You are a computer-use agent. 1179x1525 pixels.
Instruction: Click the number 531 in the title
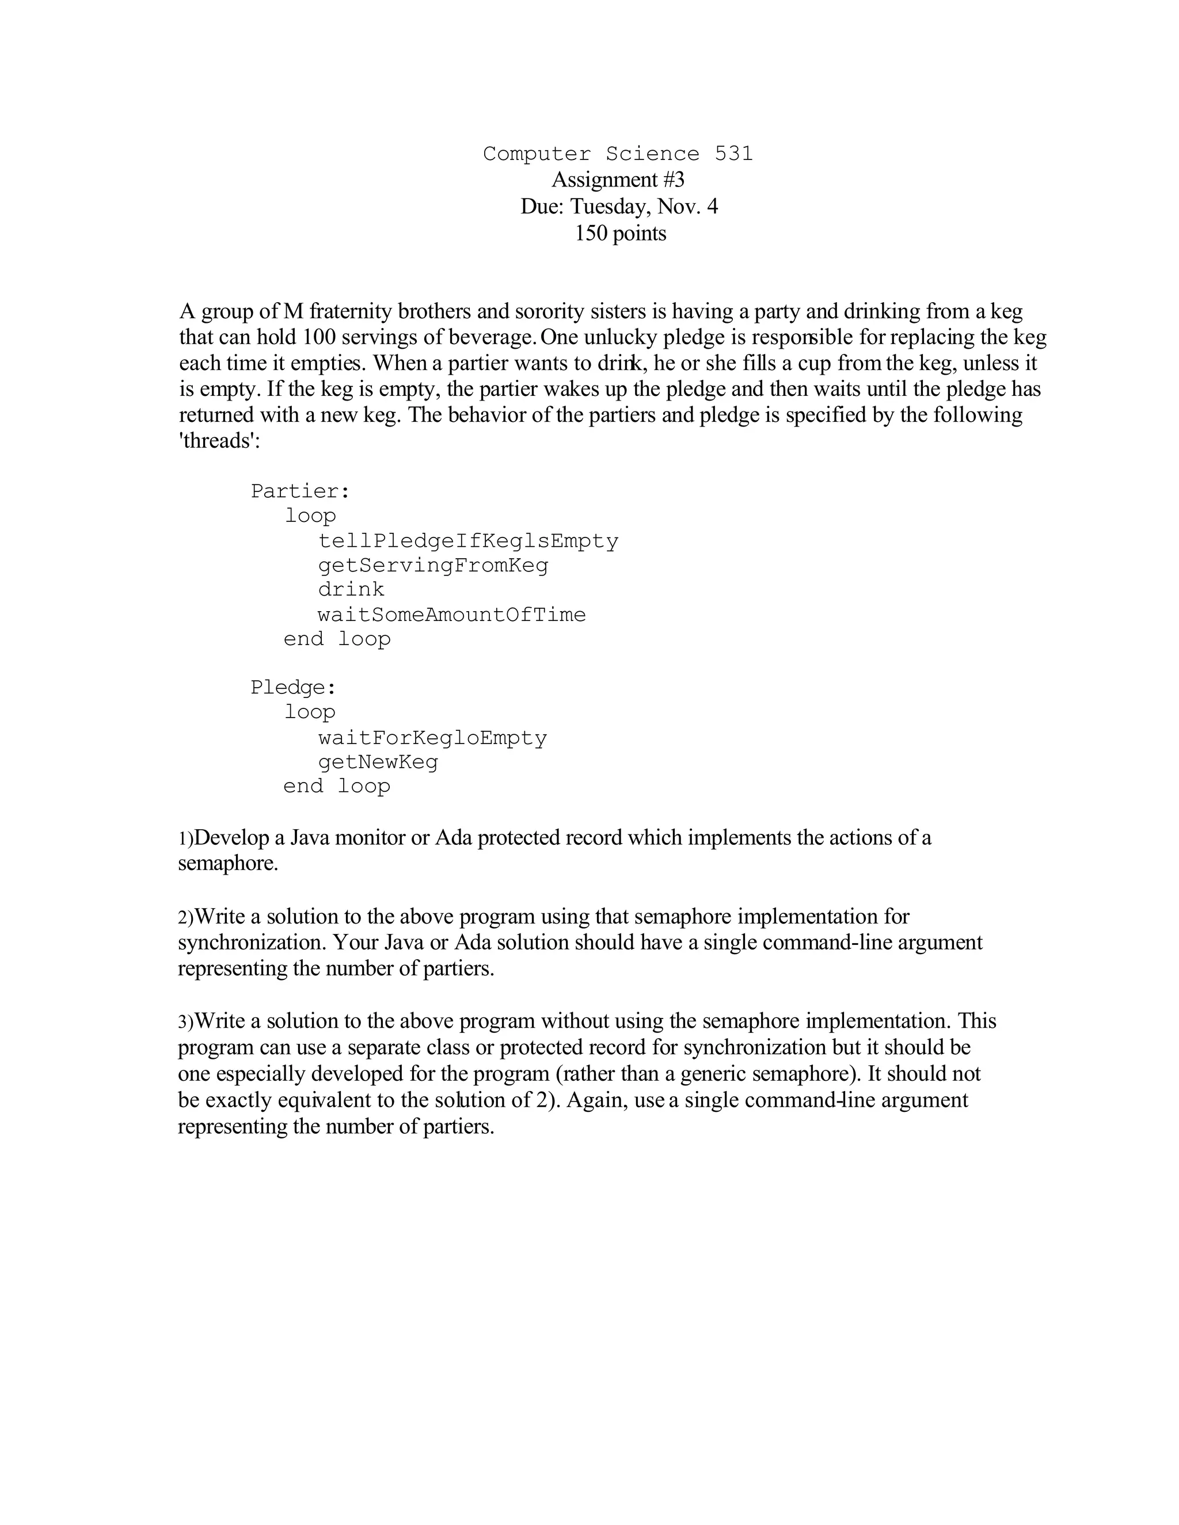(x=733, y=154)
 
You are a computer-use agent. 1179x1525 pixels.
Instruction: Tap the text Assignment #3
(x=618, y=180)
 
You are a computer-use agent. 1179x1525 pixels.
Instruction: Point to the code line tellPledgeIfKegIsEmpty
(x=468, y=541)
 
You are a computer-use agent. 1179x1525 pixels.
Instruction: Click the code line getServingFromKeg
(x=433, y=566)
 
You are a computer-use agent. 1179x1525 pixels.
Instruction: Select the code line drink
(x=351, y=590)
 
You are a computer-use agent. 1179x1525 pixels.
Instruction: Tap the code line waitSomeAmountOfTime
(x=451, y=615)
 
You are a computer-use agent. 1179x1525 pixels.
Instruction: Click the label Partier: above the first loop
(x=299, y=491)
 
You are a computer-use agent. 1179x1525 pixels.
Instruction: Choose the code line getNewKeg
(x=378, y=762)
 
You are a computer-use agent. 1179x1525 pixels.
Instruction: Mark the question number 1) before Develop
(x=185, y=838)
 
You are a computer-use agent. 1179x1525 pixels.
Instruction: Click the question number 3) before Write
(x=185, y=1022)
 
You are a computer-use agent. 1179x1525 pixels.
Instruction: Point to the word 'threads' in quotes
(x=219, y=441)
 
